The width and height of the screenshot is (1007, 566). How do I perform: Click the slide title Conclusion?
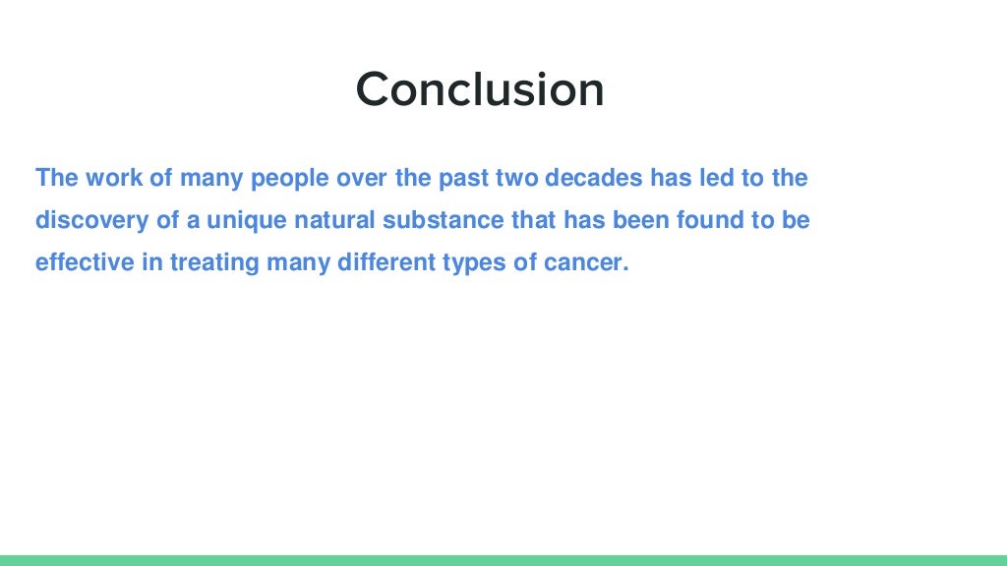point(480,89)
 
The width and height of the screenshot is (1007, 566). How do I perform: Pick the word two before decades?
point(514,178)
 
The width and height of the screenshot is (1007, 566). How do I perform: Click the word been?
point(639,220)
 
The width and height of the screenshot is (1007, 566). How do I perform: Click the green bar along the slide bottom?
point(503,560)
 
